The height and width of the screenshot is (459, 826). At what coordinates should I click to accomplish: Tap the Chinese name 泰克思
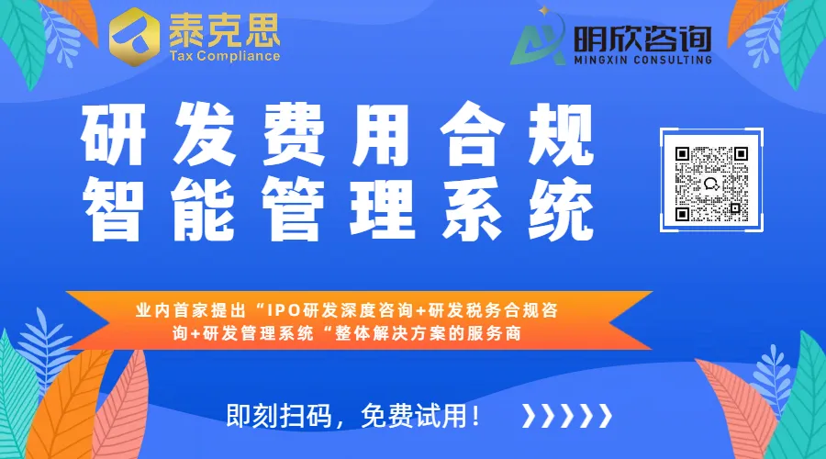(224, 31)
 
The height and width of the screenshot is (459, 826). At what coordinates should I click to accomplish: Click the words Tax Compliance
(224, 56)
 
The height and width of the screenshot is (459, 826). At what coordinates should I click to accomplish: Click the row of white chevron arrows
(566, 415)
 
